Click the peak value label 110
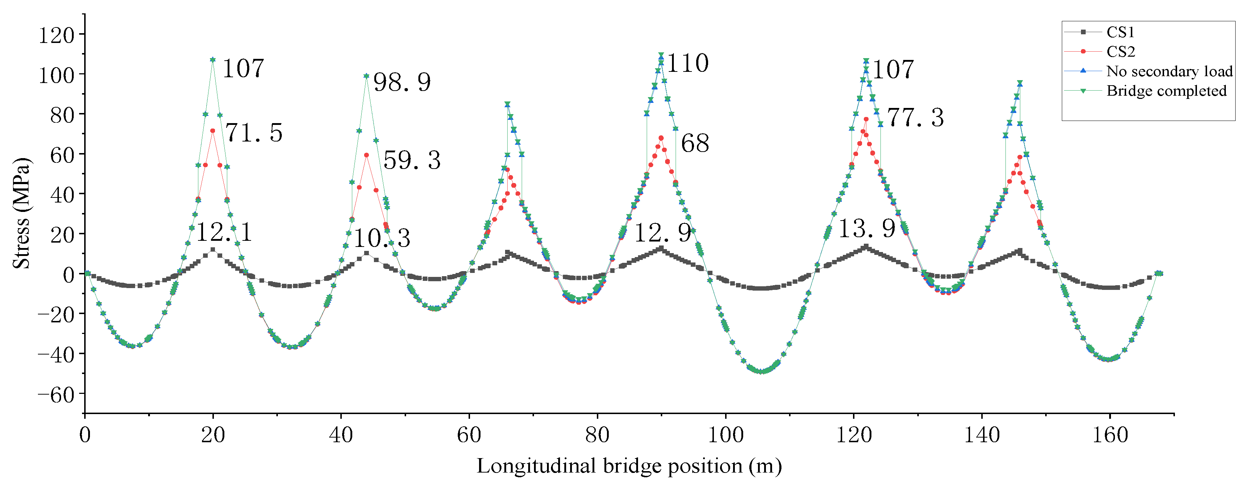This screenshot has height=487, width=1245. pos(688,63)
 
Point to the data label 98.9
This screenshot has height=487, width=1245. pos(402,82)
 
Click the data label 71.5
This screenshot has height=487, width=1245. pos(254,133)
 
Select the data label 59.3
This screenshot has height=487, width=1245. pos(412,160)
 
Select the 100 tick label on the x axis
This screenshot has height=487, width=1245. pos(725,435)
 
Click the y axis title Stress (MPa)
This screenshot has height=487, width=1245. pos(21,213)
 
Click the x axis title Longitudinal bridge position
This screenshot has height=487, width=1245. pos(629,466)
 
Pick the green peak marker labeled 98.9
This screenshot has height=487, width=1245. pos(366,76)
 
